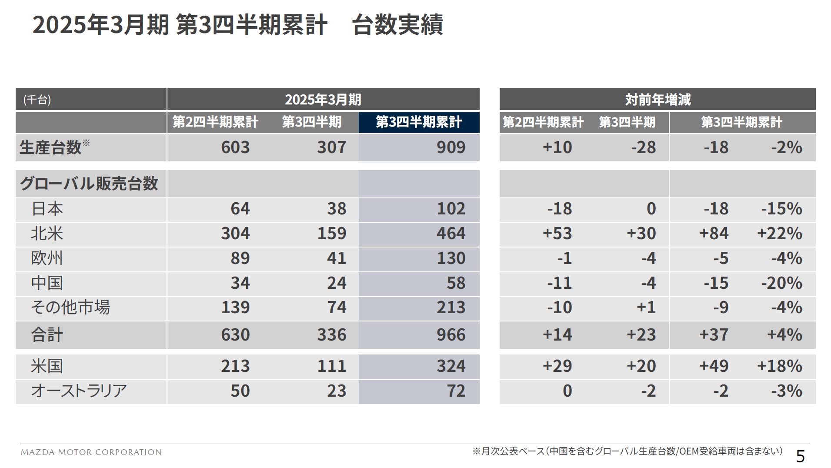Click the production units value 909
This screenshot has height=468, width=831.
tap(451, 147)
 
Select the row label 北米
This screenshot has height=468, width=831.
tap(47, 234)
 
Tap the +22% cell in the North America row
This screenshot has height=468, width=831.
tap(779, 234)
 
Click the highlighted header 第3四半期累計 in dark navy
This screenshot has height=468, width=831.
tap(418, 122)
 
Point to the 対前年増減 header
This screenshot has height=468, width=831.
tap(657, 100)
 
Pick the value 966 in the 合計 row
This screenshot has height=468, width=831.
tap(451, 335)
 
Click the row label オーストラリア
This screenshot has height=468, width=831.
tap(79, 391)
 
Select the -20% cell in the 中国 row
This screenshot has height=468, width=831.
tap(781, 283)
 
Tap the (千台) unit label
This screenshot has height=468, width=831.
tap(37, 100)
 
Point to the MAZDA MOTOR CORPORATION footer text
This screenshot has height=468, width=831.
tap(91, 452)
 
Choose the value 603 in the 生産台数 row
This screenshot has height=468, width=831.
tap(235, 147)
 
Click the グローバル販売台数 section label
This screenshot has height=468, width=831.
tap(89, 184)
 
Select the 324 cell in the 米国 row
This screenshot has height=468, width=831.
tap(451, 366)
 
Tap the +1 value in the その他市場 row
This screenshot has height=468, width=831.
tap(646, 308)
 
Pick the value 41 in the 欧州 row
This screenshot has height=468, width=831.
tap(337, 258)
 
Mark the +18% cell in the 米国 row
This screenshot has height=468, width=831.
tap(779, 366)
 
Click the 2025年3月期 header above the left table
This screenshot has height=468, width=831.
tap(323, 100)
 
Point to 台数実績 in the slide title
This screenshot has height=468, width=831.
tap(397, 25)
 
